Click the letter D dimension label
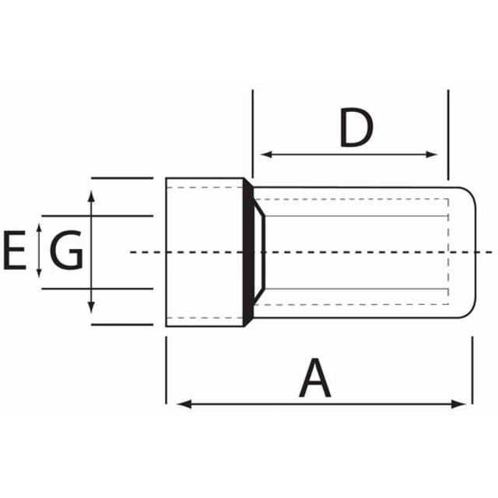tap(356, 128)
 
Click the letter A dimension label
tap(314, 378)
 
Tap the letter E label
tap(15, 251)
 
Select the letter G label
tap(66, 251)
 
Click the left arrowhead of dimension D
tap(266, 155)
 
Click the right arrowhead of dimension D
tap(432, 155)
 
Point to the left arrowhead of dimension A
tap(184, 405)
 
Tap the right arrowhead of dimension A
tap(458, 405)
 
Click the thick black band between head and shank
tap(248, 252)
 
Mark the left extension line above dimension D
tap(253, 134)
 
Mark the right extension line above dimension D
tap(448, 135)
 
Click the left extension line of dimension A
tap(166, 370)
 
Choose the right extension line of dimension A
tap(472, 370)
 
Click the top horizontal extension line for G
tap(97, 216)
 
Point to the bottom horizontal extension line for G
tap(97, 289)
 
